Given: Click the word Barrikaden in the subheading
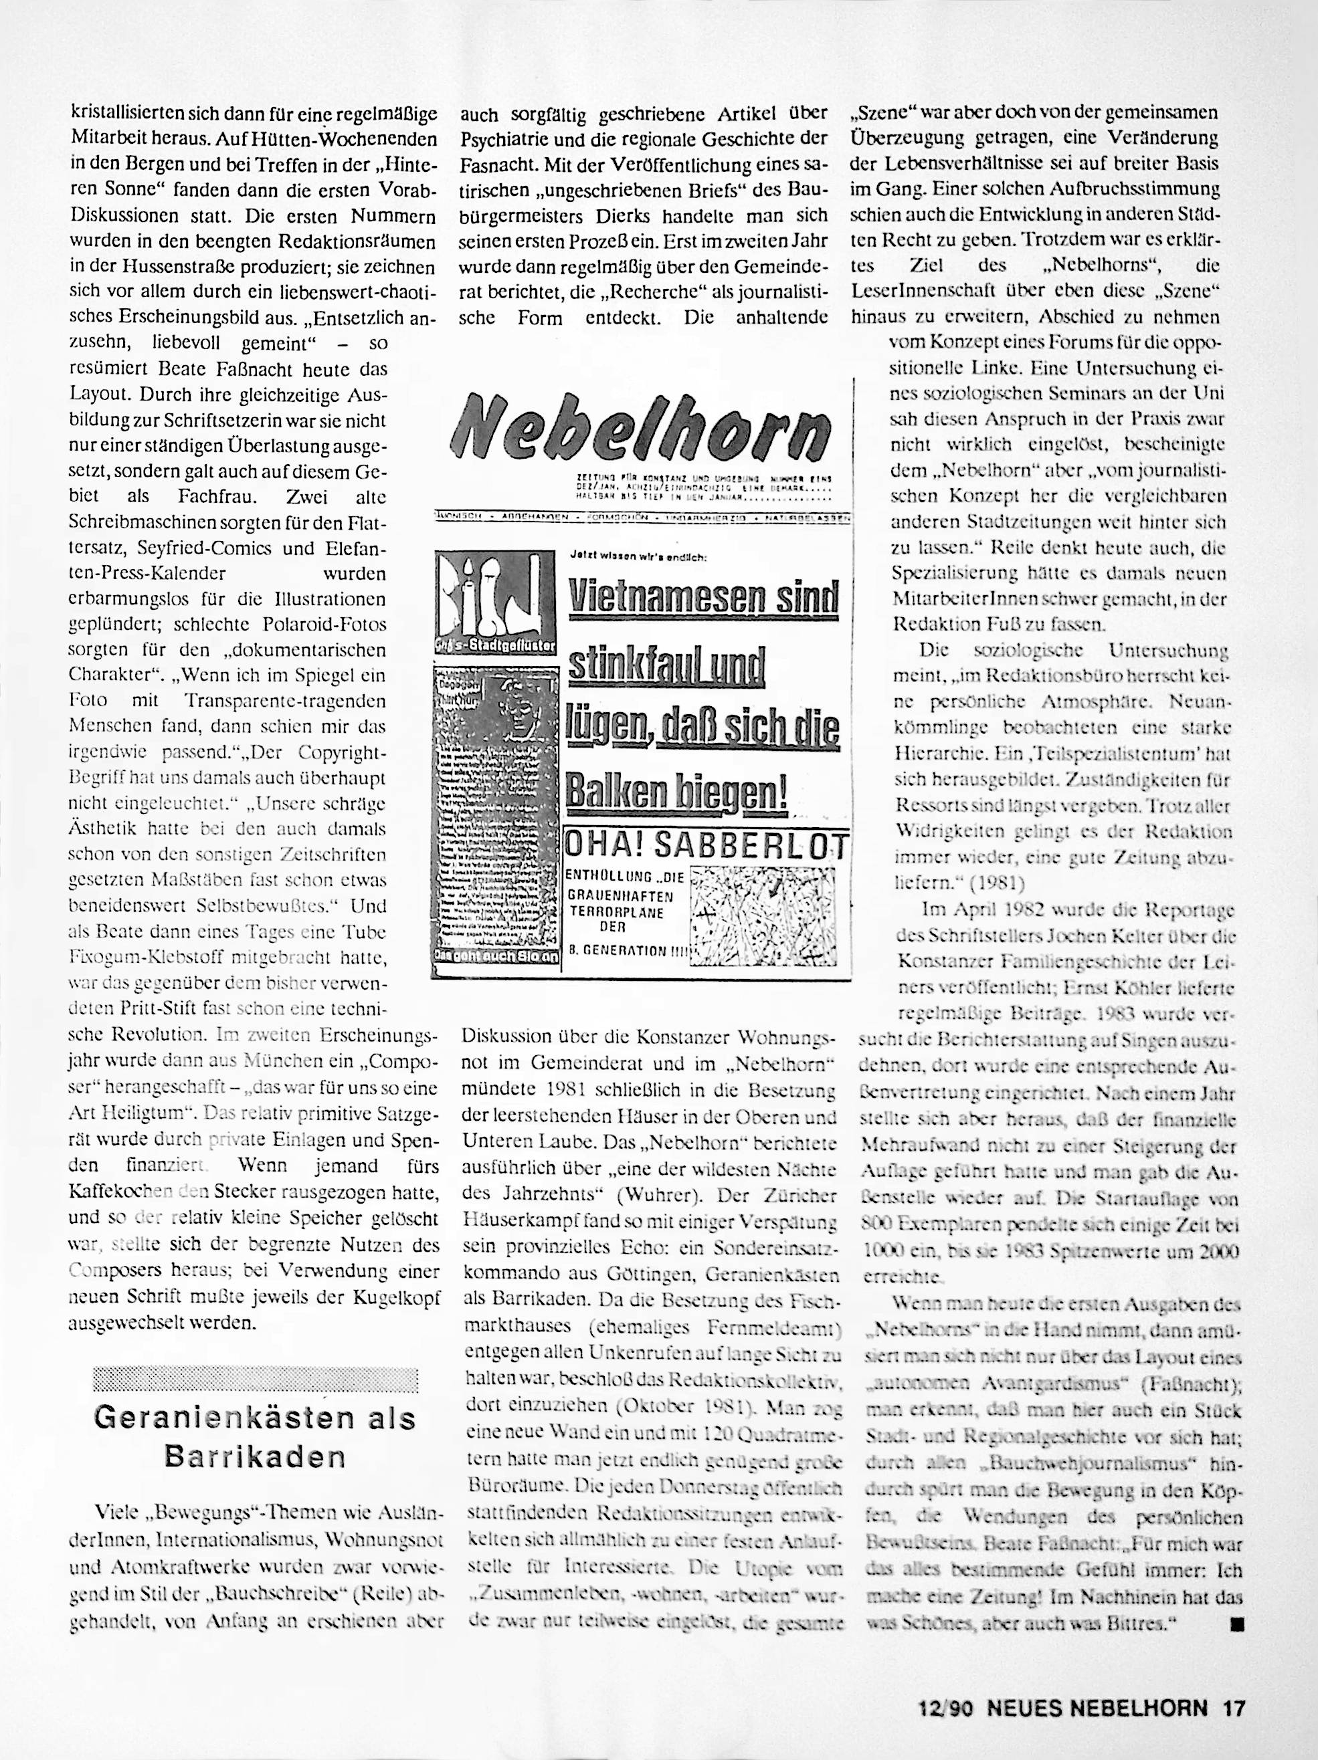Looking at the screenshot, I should coord(255,1456).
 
